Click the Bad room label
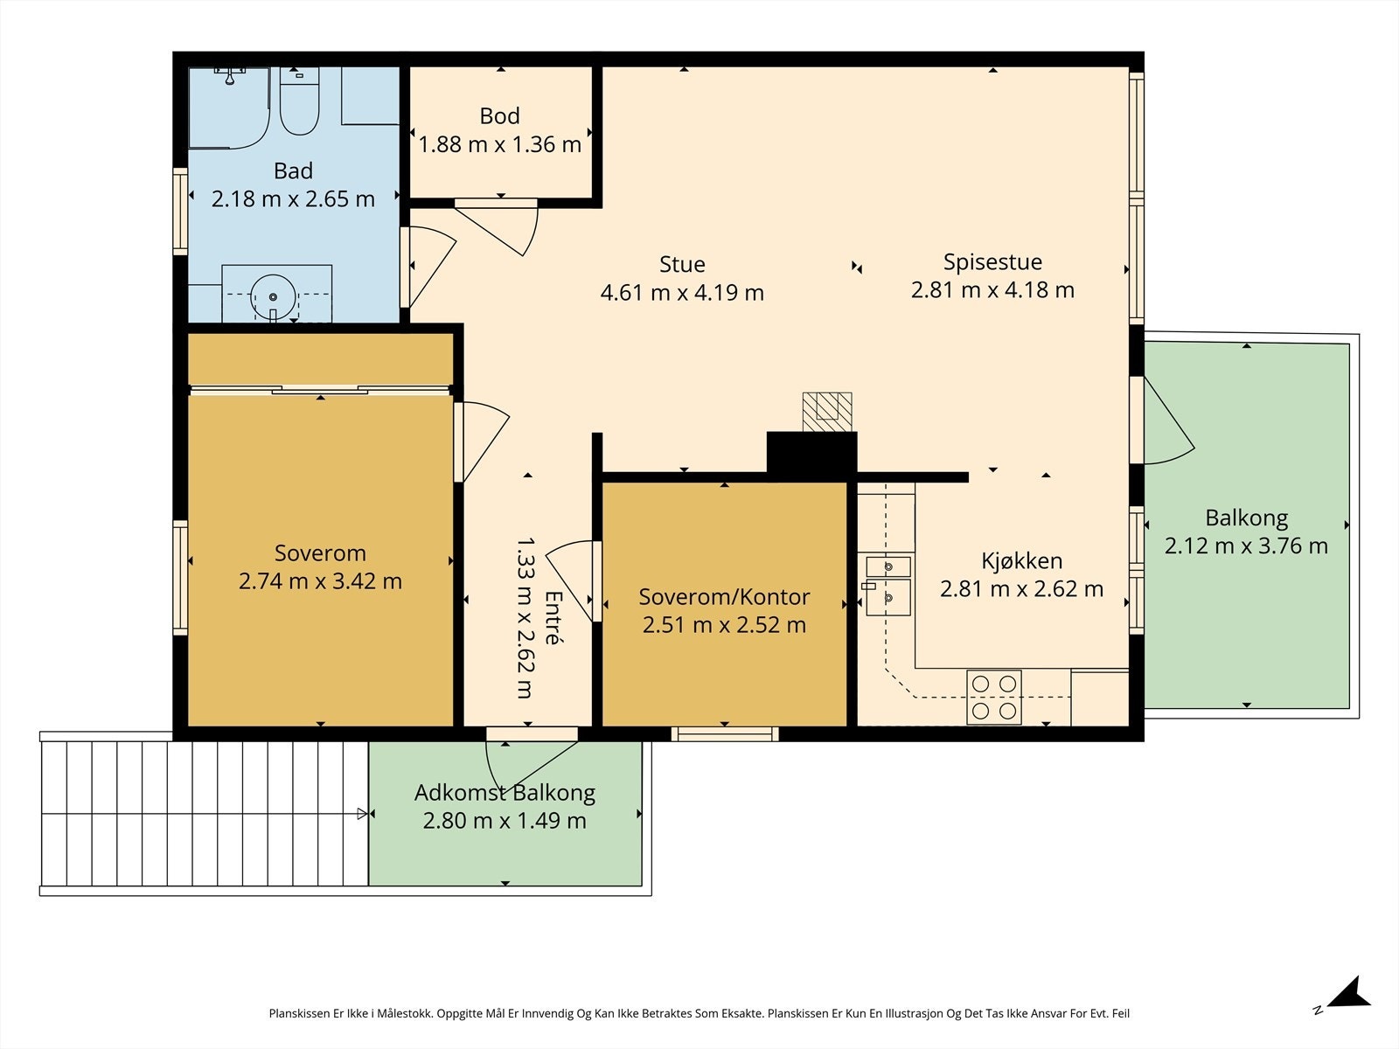pyautogui.click(x=293, y=170)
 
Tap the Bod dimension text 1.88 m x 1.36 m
pyautogui.click(x=499, y=144)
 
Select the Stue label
pyautogui.click(x=682, y=264)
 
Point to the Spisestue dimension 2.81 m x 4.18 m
pyautogui.click(x=992, y=290)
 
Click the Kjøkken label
pyautogui.click(x=1021, y=560)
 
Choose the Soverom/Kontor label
pyautogui.click(x=724, y=597)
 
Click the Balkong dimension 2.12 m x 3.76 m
pyautogui.click(x=1246, y=545)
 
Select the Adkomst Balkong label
pyautogui.click(x=505, y=793)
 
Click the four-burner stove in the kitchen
pyautogui.click(x=993, y=697)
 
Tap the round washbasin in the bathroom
pyautogui.click(x=273, y=297)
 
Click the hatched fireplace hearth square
pyautogui.click(x=826, y=412)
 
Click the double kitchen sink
pyautogui.click(x=887, y=586)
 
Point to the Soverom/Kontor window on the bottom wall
pyautogui.click(x=725, y=734)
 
